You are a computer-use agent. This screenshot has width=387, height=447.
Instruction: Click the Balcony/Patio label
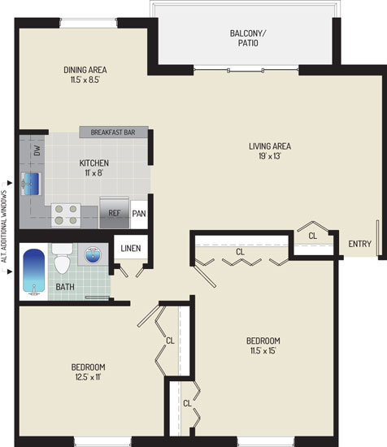coord(248,38)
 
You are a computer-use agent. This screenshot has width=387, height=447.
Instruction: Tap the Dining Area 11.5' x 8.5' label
coord(85,75)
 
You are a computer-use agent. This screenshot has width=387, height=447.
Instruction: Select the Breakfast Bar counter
coord(114,132)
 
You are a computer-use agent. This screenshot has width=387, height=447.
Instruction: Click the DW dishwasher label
coord(37,150)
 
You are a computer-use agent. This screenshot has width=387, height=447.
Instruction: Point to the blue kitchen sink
coord(32,184)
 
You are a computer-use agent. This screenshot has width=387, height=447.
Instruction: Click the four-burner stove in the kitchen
coord(66,215)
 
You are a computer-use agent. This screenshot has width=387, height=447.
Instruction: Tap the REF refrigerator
coord(115,213)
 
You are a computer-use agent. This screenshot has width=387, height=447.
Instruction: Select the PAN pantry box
coord(139,214)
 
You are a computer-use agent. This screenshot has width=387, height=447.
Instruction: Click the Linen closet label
coord(131,249)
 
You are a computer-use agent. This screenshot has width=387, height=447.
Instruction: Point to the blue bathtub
coord(34,271)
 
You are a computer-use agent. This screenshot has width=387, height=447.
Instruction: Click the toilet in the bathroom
coord(62,258)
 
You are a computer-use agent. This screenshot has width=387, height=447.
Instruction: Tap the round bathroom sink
coord(93,255)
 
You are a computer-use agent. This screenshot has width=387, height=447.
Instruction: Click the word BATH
coord(65,287)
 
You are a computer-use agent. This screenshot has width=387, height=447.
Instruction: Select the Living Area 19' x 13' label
coord(270,151)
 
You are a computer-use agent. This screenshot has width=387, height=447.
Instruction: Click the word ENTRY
coord(360,244)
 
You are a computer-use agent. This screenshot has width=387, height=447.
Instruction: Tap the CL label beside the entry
coord(312,236)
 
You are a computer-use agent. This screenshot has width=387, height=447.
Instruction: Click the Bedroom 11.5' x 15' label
coord(263,345)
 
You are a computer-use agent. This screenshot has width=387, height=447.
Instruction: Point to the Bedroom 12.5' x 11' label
coord(88,371)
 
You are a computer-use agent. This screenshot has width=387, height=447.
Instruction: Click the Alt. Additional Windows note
coord(4,227)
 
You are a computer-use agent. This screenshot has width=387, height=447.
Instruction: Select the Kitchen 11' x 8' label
coord(93,168)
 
